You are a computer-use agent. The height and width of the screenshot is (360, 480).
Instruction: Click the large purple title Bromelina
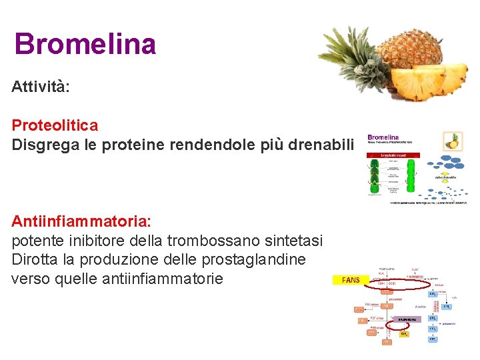coord(85,44)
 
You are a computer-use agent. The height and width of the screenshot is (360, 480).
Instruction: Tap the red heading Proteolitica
coord(55,125)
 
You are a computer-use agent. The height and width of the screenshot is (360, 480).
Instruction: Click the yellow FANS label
coord(350,280)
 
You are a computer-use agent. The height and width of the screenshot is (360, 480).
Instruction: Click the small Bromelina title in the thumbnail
coord(383,138)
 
